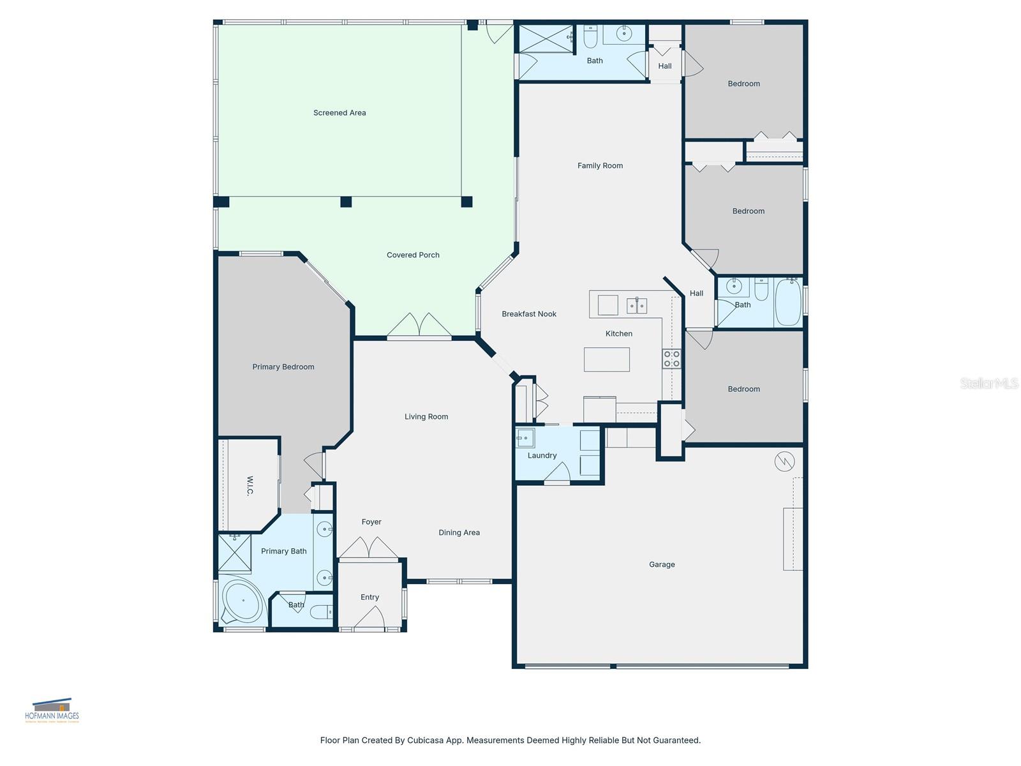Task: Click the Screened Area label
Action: [339, 113]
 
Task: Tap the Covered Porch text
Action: [413, 255]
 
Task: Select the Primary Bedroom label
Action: [283, 367]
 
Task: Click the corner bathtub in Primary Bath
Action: [242, 601]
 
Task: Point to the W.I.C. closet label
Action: [250, 486]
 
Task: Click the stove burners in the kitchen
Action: [671, 359]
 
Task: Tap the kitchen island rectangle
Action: [607, 359]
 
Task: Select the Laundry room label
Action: [542, 456]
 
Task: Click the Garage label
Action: [662, 565]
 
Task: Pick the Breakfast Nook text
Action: [529, 314]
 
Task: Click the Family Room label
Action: [600, 166]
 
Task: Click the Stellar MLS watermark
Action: [989, 384]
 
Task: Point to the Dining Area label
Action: [459, 533]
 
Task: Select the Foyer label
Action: [371, 522]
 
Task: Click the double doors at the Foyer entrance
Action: [369, 548]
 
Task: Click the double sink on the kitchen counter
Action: [637, 306]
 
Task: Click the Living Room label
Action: [426, 417]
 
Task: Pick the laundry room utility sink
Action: [525, 437]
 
